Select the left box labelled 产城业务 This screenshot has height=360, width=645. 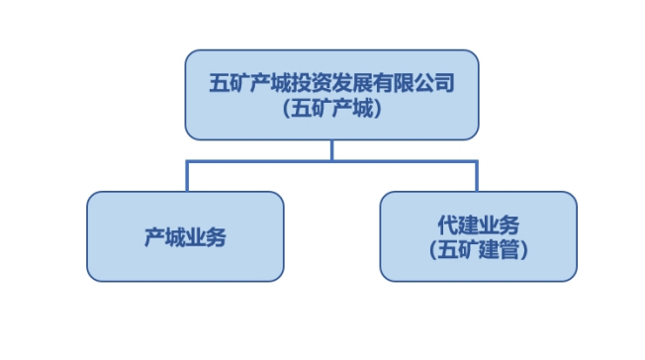pyautogui.click(x=185, y=236)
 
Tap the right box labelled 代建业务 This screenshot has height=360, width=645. pyautogui.click(x=478, y=236)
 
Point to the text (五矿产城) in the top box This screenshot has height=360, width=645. pyautogui.click(x=331, y=110)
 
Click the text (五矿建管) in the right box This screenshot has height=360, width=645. pyautogui.click(x=478, y=251)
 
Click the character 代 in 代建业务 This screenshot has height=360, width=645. pyautogui.click(x=448, y=225)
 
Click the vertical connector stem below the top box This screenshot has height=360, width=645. pyautogui.click(x=331, y=149)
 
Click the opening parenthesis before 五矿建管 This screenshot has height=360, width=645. pyautogui.click(x=434, y=251)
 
